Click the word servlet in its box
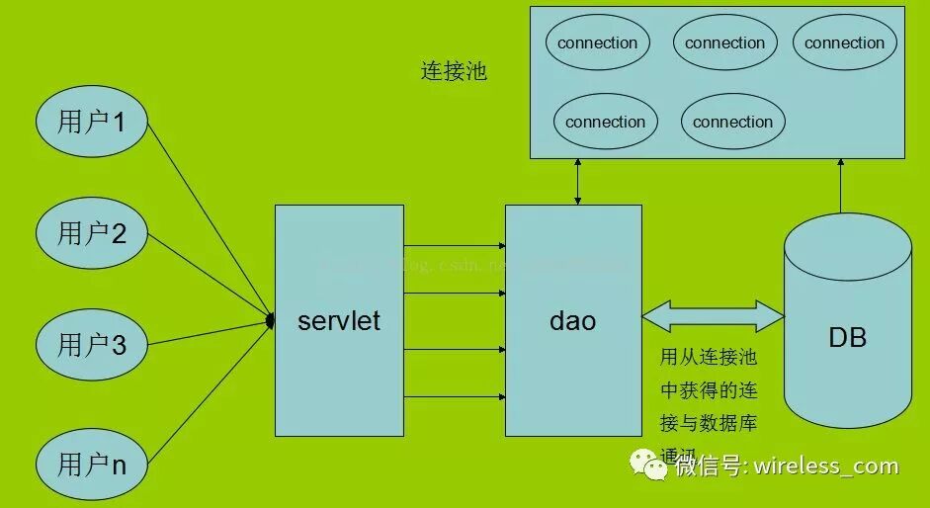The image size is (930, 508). [x=339, y=321]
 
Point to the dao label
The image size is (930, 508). [x=572, y=321]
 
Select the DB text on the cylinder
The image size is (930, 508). [x=847, y=337]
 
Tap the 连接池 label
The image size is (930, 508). [x=454, y=72]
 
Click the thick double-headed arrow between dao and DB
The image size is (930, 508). [x=713, y=317]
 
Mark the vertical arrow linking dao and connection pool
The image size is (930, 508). [x=576, y=182]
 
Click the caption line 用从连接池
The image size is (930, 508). [x=708, y=357]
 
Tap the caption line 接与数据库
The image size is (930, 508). [x=708, y=423]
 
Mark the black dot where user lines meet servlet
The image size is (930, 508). [x=271, y=320]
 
